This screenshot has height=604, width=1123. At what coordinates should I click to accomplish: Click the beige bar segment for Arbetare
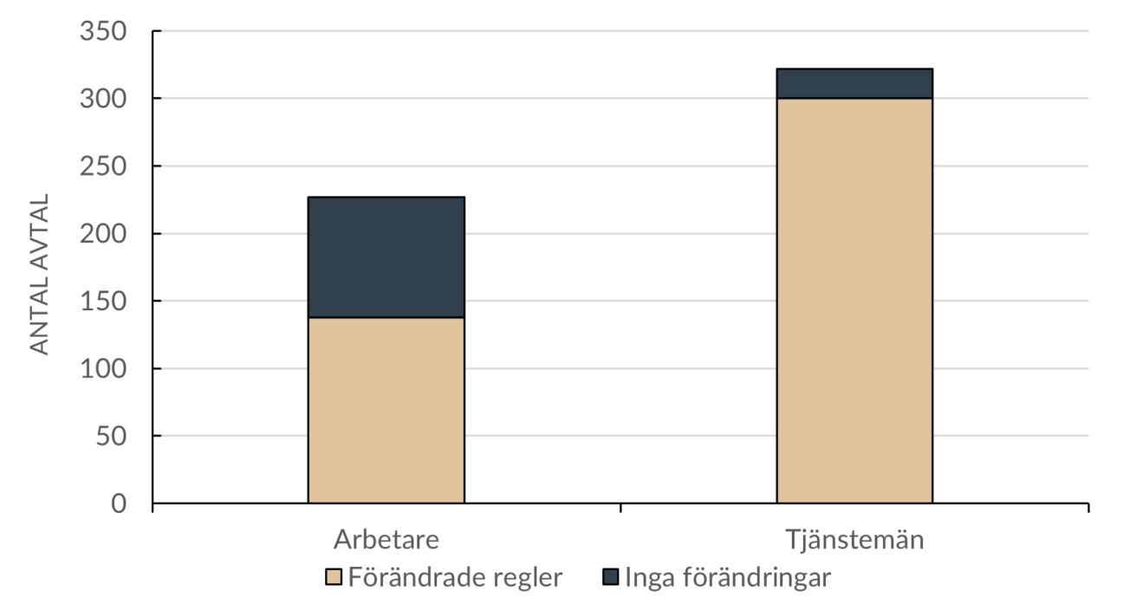[386, 410]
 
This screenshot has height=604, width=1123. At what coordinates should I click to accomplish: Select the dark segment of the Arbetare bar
[386, 257]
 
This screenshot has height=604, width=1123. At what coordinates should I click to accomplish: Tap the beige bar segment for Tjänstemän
[854, 300]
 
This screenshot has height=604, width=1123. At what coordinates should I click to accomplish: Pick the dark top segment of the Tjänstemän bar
[854, 83]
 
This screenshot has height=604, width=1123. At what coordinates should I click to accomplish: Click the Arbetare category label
[386, 540]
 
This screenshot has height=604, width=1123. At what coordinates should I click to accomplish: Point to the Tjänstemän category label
[854, 540]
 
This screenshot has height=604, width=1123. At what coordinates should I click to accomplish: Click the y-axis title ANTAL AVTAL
[40, 273]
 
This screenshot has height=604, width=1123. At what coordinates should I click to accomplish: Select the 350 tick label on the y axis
[103, 32]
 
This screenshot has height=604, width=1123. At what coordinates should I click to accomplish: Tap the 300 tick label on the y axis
[103, 100]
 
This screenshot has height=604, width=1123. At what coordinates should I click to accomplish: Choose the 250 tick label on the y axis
[103, 167]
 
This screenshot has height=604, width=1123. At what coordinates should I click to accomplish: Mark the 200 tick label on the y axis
[103, 235]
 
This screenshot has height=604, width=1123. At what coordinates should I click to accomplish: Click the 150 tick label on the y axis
[103, 302]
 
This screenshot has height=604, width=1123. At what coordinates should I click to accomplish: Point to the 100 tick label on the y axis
[103, 370]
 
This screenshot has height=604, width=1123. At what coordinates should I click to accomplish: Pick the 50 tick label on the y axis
[110, 437]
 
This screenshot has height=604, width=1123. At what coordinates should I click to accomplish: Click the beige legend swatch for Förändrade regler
[334, 577]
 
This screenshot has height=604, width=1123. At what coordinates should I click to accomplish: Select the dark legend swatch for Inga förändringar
[610, 577]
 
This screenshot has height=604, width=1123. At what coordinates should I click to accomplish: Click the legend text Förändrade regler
[455, 577]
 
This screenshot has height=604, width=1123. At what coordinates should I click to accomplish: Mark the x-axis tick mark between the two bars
[620, 508]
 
